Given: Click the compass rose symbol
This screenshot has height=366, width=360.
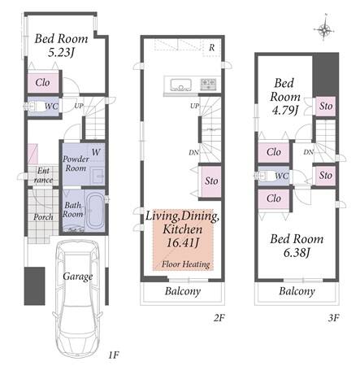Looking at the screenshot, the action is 324,28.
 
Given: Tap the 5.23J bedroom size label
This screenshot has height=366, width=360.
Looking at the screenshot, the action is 61,52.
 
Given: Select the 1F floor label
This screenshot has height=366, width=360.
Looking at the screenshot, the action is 114,355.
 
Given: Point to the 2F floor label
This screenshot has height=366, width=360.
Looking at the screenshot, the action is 219,317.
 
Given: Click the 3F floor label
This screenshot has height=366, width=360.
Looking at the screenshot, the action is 333,317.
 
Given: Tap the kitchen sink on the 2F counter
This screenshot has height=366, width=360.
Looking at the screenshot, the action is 180,85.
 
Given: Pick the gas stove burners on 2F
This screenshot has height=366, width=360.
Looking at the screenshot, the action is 208,85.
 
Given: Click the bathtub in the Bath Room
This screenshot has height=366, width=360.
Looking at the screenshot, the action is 95,211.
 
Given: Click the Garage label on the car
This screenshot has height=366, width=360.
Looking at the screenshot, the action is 78,277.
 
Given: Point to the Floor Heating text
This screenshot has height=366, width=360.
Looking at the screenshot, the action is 186,264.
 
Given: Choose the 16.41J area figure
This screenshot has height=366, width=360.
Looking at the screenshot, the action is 183,242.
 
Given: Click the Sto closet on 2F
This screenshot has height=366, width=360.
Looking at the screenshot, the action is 211,181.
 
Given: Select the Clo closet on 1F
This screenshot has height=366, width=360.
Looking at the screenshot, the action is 43,82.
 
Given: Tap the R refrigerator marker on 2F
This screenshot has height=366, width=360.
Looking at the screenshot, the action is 211,48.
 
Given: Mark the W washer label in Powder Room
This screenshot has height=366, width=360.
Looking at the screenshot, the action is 96,152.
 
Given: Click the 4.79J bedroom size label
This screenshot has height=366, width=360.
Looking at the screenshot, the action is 285,111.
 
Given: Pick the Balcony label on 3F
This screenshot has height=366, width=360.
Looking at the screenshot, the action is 297,291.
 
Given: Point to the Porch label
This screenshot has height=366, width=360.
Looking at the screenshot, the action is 43,217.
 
